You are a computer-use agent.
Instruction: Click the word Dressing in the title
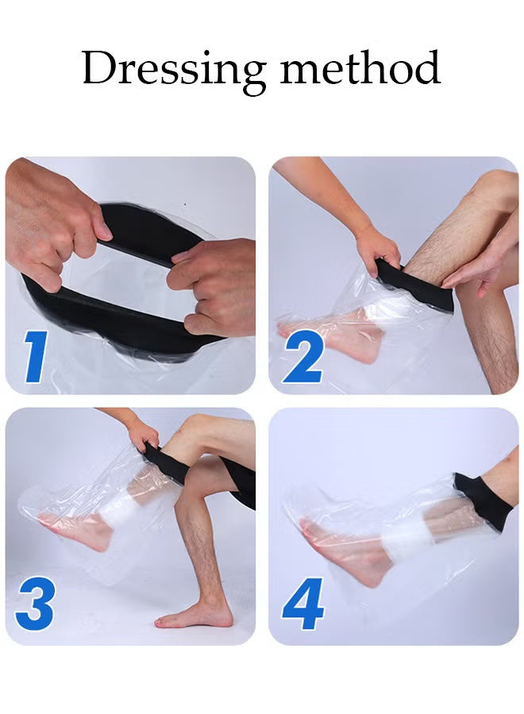(174, 70)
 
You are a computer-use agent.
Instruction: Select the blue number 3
(34, 604)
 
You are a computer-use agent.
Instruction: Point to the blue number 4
(302, 604)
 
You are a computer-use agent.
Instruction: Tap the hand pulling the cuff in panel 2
(378, 248)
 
